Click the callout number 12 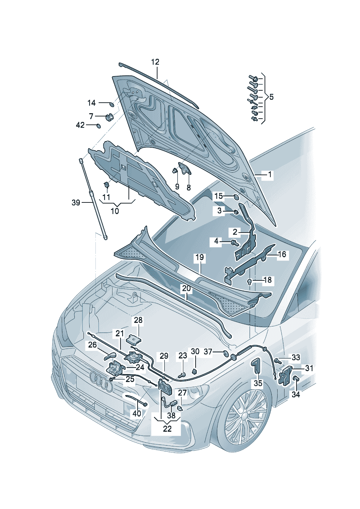(155, 62)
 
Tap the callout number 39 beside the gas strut (76, 203)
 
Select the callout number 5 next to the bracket (271, 97)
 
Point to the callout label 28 (138, 320)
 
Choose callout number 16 (282, 254)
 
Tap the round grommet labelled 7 (110, 117)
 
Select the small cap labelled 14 (111, 104)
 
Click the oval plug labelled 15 (236, 196)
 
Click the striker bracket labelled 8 (185, 168)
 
